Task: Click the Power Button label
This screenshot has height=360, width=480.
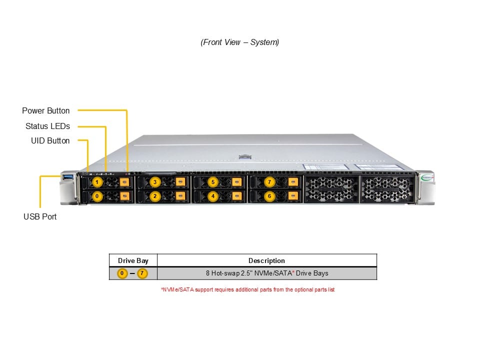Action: pos(46,110)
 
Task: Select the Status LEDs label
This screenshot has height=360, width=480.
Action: pos(47,126)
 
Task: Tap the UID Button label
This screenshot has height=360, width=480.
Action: pos(50,141)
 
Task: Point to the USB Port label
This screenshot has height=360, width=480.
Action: pos(40,216)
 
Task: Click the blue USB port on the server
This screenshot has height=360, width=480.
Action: pos(68,177)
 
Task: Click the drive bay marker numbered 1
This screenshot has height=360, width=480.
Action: pos(97,182)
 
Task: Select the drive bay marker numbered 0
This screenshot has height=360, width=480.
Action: pos(97,196)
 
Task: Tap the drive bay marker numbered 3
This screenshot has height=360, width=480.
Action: pos(155,182)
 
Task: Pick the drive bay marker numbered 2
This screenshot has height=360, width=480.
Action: pos(155,196)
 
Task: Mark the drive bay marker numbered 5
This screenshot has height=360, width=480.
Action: pos(213,182)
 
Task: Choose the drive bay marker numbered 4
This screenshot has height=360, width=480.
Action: pos(213,196)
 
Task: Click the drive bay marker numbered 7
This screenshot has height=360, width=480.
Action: pos(270,182)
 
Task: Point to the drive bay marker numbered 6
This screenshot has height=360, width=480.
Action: pos(270,196)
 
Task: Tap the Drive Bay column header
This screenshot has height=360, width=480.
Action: pos(133,260)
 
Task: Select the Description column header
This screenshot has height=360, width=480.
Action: pos(266,260)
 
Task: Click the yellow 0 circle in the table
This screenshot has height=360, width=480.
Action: pos(122,273)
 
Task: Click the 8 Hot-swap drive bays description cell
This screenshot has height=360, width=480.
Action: pos(266,273)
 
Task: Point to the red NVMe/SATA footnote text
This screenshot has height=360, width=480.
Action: pos(247,289)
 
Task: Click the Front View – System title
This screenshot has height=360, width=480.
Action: pos(240,42)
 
